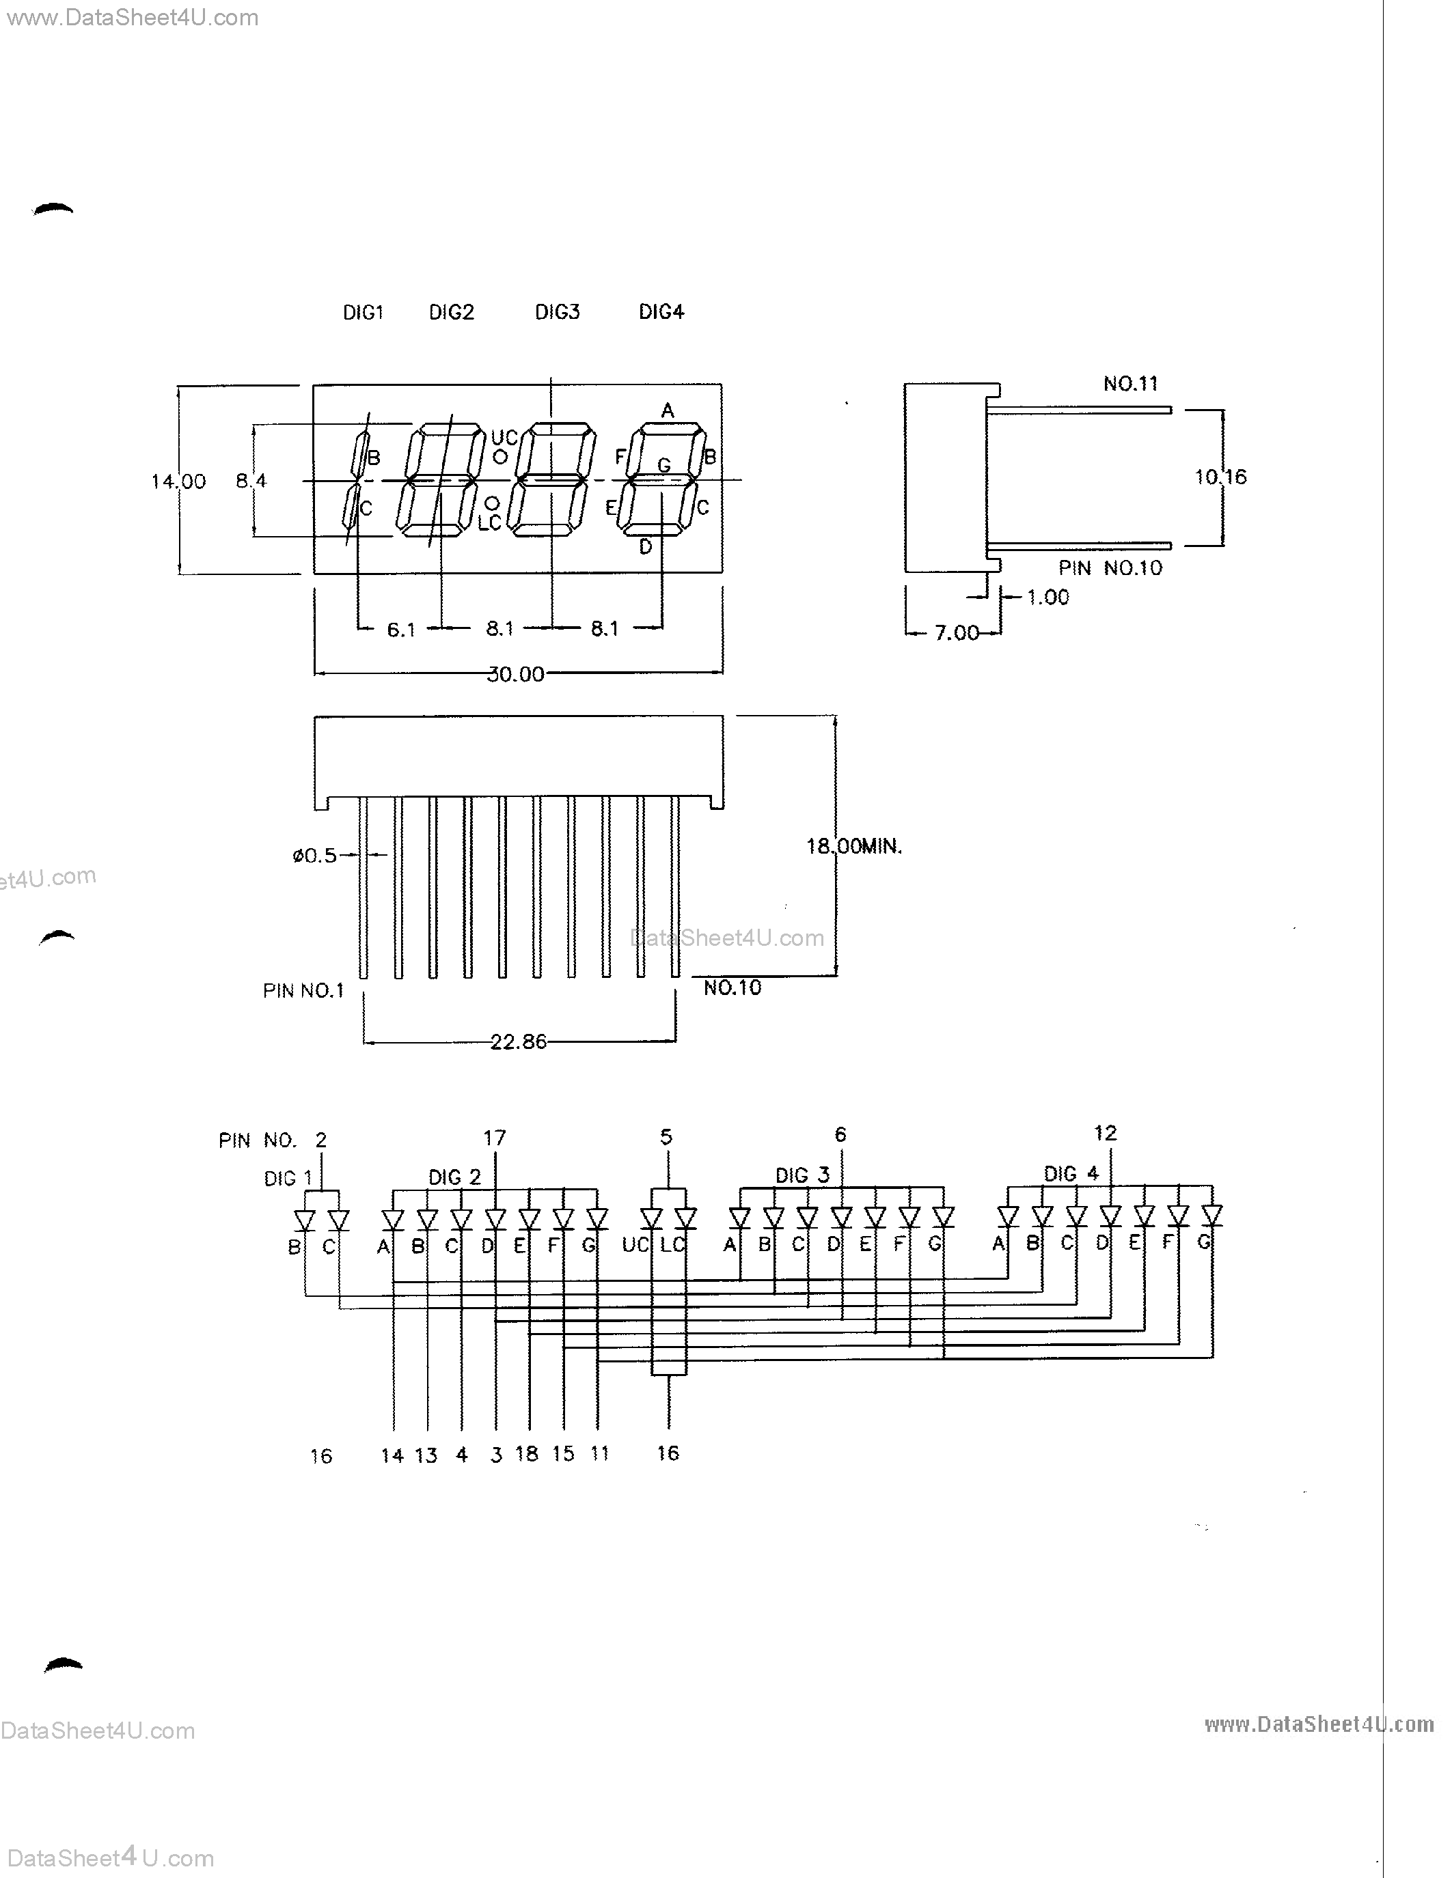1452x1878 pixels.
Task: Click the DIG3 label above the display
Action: tap(558, 312)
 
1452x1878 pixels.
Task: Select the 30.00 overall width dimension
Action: tap(515, 675)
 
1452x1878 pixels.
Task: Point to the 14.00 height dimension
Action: tap(178, 481)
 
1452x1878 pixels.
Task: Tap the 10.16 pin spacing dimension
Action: tap(1220, 477)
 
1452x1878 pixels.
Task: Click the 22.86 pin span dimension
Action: tap(518, 1042)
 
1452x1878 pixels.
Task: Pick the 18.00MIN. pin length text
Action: tap(853, 846)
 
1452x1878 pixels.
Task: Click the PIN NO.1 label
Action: tap(303, 991)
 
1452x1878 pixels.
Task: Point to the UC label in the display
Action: tap(504, 438)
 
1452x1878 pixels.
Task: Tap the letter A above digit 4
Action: tap(668, 411)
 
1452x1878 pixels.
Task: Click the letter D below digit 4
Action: tap(645, 547)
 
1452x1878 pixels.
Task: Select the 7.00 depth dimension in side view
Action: tap(957, 633)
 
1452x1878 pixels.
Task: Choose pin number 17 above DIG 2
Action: tap(495, 1138)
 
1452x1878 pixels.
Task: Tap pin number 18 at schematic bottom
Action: tap(526, 1453)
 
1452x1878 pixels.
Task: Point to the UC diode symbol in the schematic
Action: tap(651, 1219)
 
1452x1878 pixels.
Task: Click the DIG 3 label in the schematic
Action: tap(802, 1175)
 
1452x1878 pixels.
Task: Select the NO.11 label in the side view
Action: tap(1130, 384)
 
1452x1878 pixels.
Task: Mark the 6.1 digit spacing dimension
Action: tap(401, 630)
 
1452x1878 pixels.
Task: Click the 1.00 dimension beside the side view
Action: tap(1047, 597)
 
